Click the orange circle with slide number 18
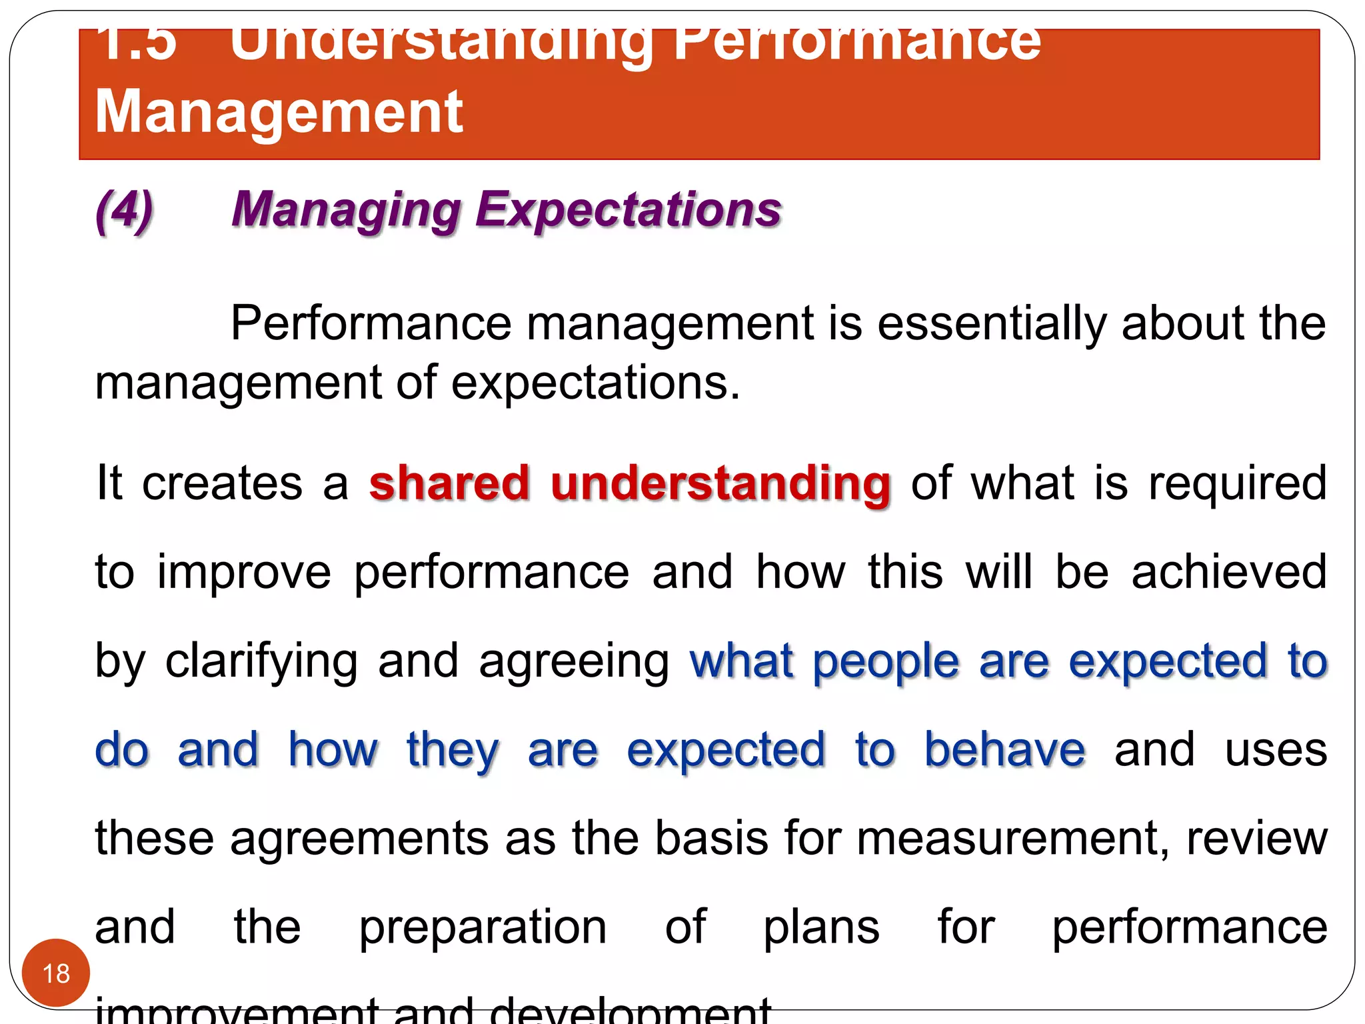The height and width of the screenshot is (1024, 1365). click(x=56, y=973)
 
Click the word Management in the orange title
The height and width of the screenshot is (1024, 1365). click(x=279, y=112)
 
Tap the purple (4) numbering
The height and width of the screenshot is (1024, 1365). click(x=124, y=211)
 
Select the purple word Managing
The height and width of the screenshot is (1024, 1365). click(x=346, y=211)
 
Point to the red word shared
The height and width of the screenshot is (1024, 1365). click(x=449, y=483)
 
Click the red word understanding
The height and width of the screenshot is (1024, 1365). click(x=720, y=484)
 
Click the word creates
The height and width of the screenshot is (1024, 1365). click(x=222, y=483)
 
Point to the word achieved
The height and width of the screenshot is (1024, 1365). click(x=1229, y=572)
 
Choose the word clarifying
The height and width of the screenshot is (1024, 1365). click(x=261, y=662)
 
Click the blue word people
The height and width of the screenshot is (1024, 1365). click(x=886, y=662)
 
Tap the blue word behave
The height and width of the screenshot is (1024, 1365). click(x=1005, y=750)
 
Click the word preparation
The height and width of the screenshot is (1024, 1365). click(x=483, y=929)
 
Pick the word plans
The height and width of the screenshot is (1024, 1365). click(x=821, y=927)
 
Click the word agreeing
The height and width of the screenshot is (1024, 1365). click(x=574, y=662)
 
